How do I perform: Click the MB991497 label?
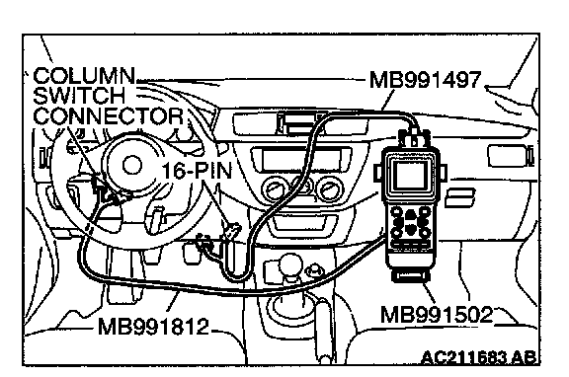tap(425, 80)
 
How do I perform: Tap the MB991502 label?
tap(437, 314)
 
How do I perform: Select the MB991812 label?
tap(153, 327)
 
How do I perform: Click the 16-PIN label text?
tap(197, 170)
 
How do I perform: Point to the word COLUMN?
tap(84, 76)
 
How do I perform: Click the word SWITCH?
tap(79, 96)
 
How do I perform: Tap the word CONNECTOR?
tap(108, 115)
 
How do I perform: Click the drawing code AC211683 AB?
tap(478, 358)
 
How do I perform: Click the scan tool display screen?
tap(410, 176)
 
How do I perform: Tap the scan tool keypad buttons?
tap(410, 221)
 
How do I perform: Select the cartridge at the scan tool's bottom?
tap(411, 276)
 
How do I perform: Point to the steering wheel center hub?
tap(130, 166)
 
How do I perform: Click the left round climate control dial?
tap(274, 188)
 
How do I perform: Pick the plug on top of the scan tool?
tap(414, 138)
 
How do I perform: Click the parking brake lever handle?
tap(324, 328)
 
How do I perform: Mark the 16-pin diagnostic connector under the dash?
tap(232, 232)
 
